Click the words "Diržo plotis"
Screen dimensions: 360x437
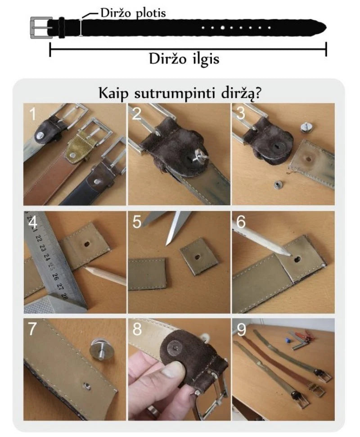[x=133, y=13]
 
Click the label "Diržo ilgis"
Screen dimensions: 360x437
[x=184, y=59]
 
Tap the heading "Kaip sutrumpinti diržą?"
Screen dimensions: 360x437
[x=180, y=93]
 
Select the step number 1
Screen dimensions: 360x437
[x=33, y=114]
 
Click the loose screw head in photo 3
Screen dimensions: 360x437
[x=306, y=128]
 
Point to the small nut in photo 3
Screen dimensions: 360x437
[x=277, y=185]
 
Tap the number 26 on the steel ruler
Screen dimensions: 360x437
[x=55, y=277]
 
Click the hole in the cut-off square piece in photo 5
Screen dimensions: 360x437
[x=197, y=256]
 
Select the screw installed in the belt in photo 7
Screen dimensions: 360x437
[x=87, y=385]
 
